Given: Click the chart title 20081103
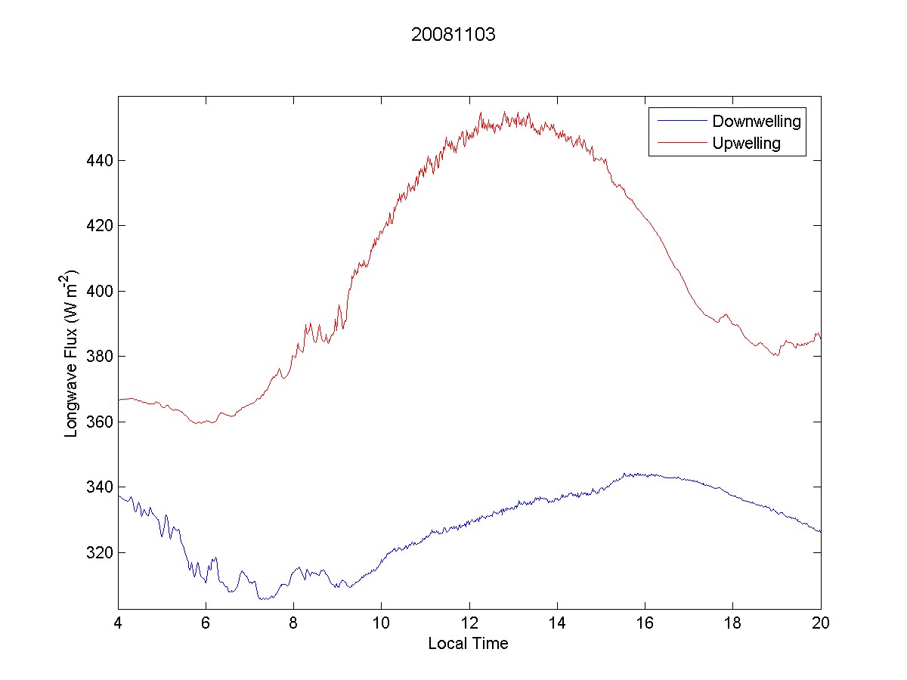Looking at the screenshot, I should point(453,35).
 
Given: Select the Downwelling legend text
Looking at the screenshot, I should point(756,121).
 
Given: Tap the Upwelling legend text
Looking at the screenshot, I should point(746,143).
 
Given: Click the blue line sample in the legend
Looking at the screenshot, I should point(680,121).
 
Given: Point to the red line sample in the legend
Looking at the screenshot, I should point(680,143).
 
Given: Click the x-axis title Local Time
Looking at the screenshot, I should point(468,644).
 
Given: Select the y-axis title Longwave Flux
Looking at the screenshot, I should point(72,353).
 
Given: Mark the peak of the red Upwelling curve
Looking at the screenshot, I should point(481,113).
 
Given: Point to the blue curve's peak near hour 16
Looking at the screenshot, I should point(624,474).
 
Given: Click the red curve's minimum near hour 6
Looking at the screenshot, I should point(199,424).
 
